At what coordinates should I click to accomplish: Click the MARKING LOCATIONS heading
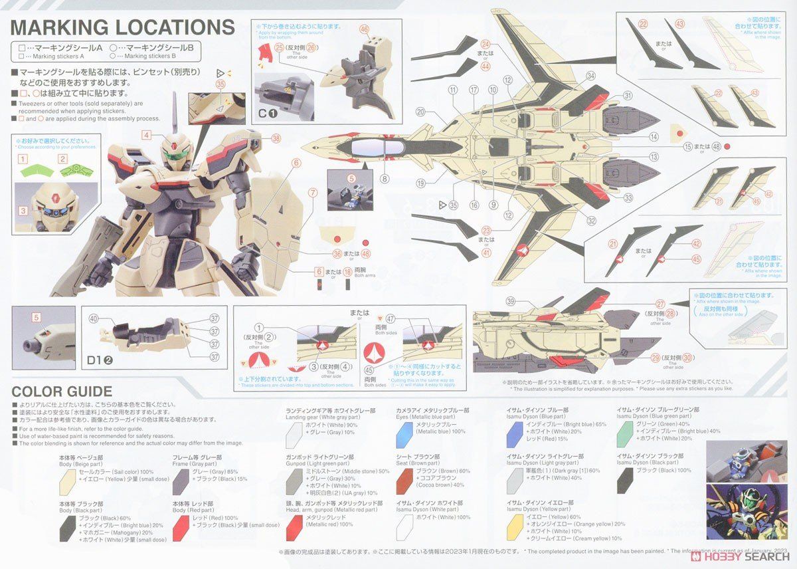pyautogui.click(x=123, y=28)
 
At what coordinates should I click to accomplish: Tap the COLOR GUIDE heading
pyautogui.click(x=62, y=391)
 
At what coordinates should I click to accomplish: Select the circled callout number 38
pyautogui.click(x=276, y=138)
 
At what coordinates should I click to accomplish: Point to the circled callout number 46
pyautogui.click(x=364, y=29)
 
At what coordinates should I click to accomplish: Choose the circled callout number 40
pyautogui.click(x=93, y=318)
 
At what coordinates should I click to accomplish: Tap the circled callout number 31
pyautogui.click(x=628, y=96)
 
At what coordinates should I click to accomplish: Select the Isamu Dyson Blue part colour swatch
pyautogui.click(x=513, y=434)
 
